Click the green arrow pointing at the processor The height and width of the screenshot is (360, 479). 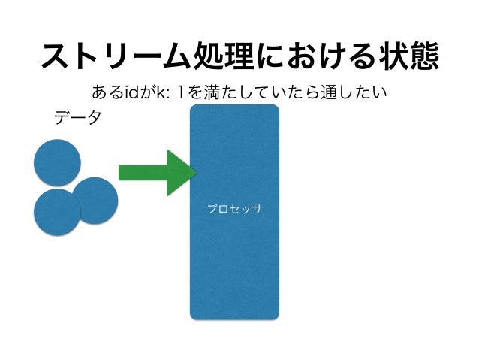[x=154, y=173]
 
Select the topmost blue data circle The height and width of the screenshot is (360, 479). [x=57, y=162]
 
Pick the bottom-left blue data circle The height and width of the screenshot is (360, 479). [x=56, y=212]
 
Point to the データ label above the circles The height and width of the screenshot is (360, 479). [x=77, y=118]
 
